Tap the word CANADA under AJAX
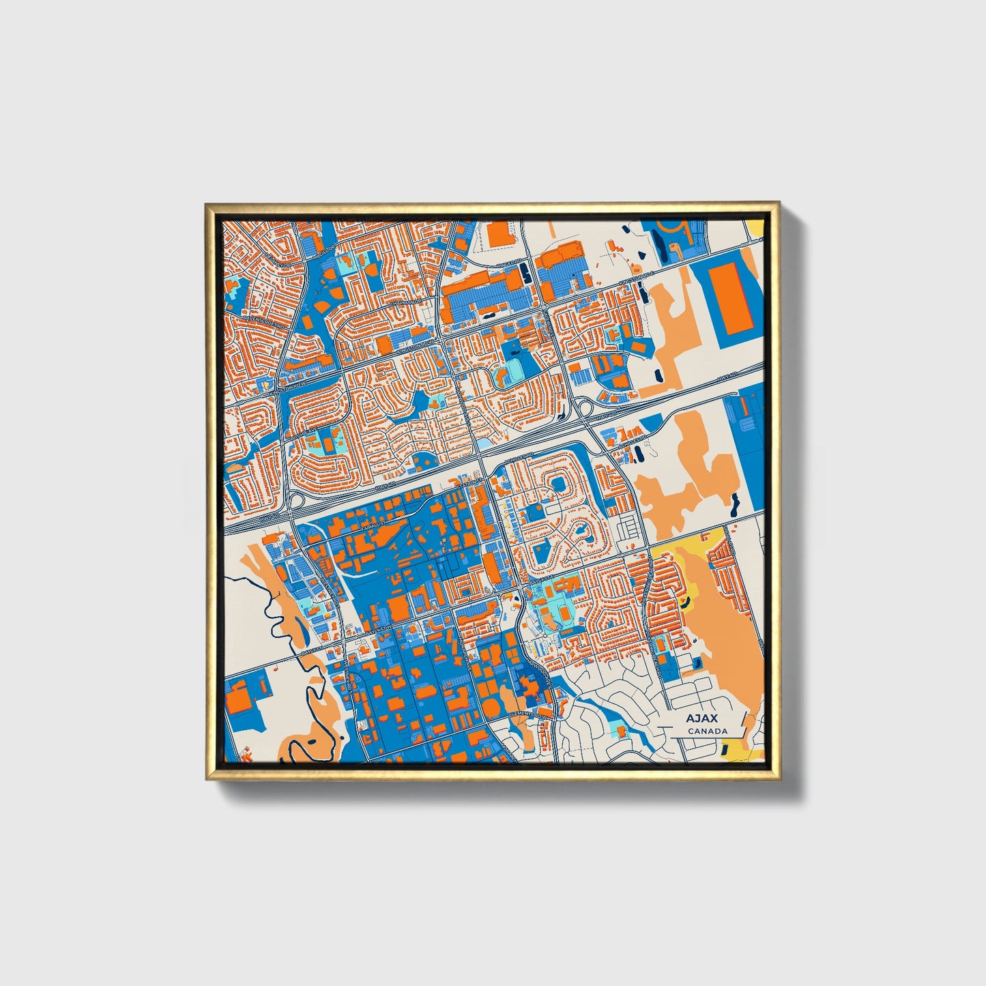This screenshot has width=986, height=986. point(707,731)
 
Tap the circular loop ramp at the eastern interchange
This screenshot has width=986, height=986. point(584,407)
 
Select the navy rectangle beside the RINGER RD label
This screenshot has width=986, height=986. point(524,274)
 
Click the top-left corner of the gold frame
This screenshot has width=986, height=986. point(205,204)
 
